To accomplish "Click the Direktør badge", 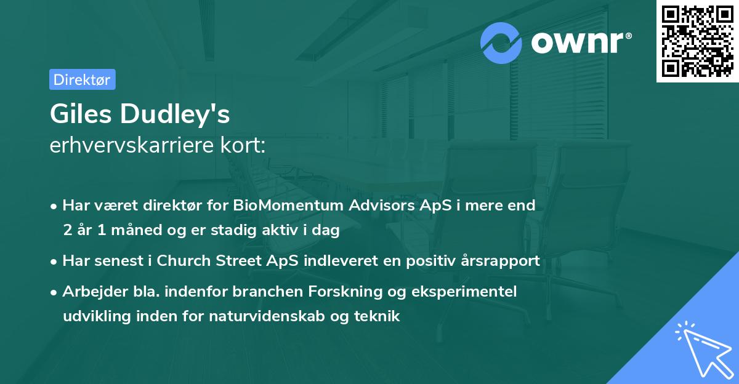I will [81, 79].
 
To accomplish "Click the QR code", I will [697, 41].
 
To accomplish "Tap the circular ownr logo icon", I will [501, 42].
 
